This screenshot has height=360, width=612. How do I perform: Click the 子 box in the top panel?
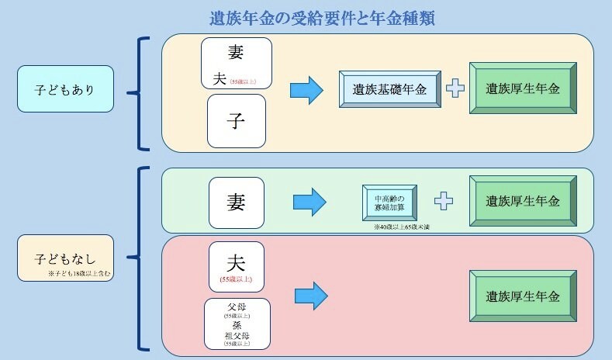pos(237,121)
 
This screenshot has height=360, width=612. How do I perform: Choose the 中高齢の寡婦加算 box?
pos(389,202)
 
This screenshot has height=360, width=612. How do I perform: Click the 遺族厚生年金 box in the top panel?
pos(522,89)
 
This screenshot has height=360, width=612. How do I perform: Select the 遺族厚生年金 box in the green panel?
pos(522,202)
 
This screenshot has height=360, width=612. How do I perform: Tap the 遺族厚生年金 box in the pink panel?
pos(522,296)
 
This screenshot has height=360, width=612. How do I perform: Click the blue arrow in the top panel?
pos(306,90)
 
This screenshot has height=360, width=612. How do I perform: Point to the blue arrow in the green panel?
pos(309,202)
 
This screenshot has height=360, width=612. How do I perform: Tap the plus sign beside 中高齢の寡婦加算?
pos(443,202)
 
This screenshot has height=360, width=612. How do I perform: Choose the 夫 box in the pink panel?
pos(237,265)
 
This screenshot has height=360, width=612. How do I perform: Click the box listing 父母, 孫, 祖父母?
pos(237,322)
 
